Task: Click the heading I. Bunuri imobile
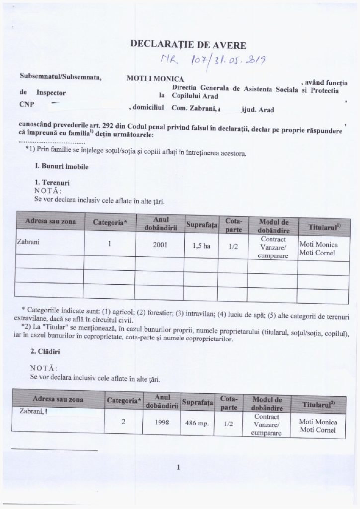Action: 58,168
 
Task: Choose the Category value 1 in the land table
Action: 115,245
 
